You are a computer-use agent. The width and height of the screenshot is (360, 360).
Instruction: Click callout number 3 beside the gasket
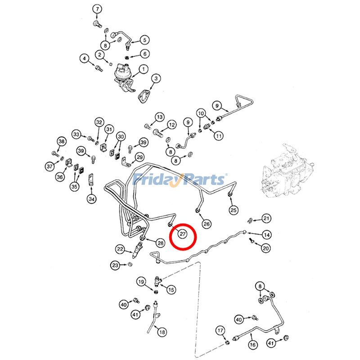coord(155,79)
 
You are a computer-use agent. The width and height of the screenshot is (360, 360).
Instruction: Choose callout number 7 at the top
coord(97,9)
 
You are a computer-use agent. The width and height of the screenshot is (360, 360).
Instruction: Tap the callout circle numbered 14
coord(267,234)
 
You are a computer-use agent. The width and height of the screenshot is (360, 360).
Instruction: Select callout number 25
coord(233,210)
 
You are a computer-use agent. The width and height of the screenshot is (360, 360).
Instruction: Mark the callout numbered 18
coord(162,332)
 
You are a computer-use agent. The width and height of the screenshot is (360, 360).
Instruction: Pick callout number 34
coord(92,198)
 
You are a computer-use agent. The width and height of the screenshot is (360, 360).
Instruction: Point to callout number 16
coord(252,344)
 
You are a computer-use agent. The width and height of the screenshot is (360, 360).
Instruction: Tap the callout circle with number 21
coord(267,219)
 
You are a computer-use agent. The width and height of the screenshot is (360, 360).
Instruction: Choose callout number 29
coord(139,157)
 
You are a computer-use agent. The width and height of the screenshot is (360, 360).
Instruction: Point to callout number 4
coord(84,58)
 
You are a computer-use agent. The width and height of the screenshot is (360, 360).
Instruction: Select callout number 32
coord(99,122)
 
